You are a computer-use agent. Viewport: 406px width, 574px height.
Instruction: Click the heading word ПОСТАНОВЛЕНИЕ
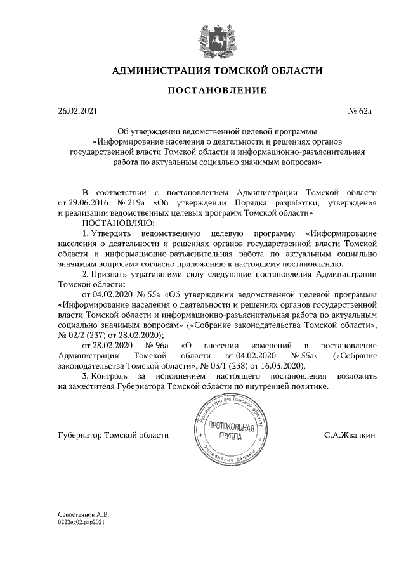(217, 90)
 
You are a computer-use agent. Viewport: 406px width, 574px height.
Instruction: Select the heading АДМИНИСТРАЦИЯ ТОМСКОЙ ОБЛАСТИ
(217, 70)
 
